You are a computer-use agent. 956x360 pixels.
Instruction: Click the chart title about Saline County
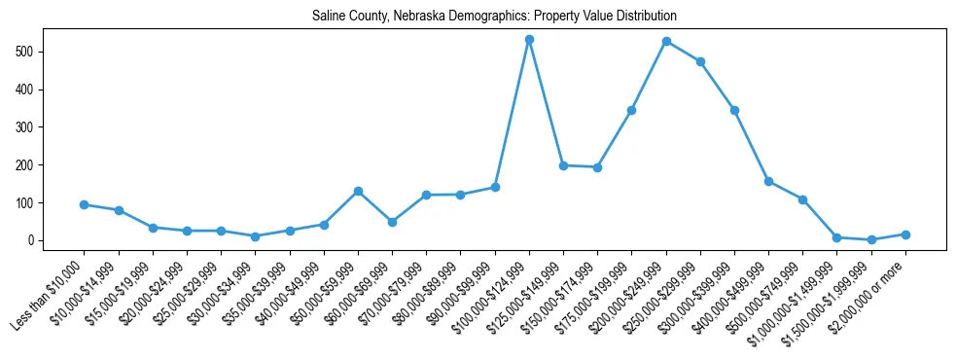pos(494,17)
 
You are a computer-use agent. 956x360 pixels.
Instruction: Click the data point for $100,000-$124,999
pos(529,40)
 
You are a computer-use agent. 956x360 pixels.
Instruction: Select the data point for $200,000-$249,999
pos(666,42)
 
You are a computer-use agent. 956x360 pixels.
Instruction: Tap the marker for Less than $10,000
pos(85,205)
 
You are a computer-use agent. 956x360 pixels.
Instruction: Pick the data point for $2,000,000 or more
pos(905,234)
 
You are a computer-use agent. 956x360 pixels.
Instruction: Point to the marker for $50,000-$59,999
pos(358,192)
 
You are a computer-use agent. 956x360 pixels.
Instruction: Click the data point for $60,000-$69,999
pos(392,222)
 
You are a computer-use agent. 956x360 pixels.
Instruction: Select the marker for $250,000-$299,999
pos(700,61)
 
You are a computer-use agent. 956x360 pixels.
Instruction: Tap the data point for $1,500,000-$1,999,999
pos(871,239)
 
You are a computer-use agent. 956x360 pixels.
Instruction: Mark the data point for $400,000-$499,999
pos(768,181)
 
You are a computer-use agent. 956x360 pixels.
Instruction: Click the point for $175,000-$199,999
pos(632,110)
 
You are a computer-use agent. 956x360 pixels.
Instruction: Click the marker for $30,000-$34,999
pos(255,236)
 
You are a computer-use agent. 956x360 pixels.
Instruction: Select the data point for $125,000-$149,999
pos(563,165)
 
